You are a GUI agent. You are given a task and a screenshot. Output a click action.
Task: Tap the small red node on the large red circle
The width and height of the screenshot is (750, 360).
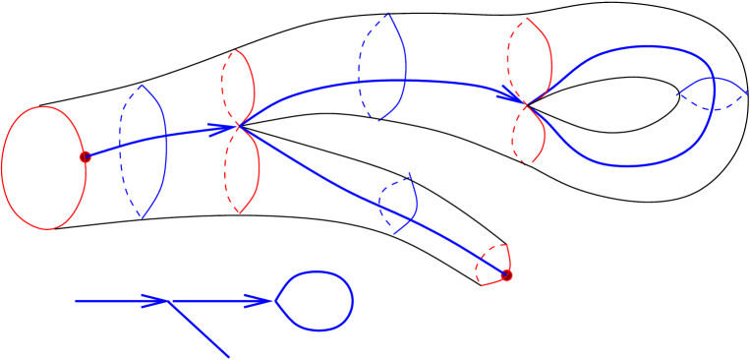coord(86,156)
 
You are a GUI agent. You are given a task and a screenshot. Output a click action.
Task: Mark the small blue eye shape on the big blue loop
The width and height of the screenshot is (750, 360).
coord(712,94)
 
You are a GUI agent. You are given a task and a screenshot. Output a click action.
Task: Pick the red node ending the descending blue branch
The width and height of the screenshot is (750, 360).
coord(506,275)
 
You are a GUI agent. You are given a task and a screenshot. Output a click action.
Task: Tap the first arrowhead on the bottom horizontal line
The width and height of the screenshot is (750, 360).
coord(154,300)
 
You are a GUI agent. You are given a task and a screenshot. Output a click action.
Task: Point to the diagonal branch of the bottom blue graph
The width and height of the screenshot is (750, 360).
coord(201,330)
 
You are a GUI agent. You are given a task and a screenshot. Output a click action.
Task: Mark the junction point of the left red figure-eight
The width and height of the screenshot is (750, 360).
coord(238,126)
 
